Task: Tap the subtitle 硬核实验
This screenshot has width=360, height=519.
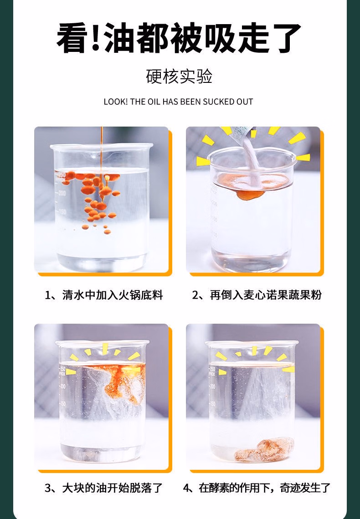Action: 179,76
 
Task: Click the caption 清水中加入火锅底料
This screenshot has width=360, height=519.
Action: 112,295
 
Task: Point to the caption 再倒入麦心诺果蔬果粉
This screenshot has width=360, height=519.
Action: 266,295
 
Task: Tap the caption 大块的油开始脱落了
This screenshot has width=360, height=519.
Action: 112,488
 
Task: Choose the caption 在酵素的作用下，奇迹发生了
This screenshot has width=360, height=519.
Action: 265,488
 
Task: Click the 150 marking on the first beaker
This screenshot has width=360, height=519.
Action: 62,211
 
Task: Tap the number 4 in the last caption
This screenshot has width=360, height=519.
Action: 187,488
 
